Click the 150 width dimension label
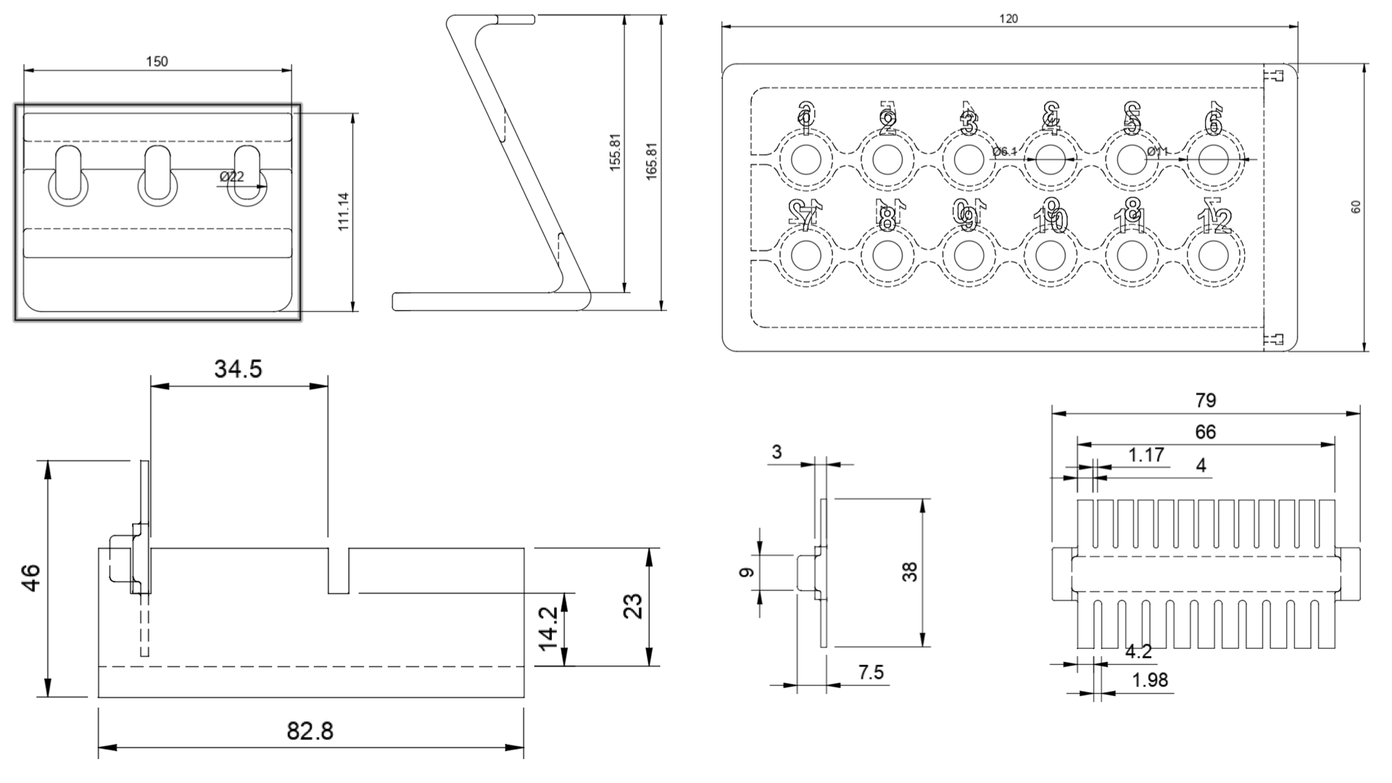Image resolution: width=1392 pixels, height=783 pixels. click(157, 62)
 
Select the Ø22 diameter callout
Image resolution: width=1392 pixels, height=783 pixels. click(232, 176)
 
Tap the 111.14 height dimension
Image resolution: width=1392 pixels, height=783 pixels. click(344, 212)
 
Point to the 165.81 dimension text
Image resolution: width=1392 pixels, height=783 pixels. click(650, 161)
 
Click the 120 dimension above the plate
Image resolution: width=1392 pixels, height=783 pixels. click(1008, 19)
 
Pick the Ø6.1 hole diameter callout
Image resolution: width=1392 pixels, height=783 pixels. click(1005, 152)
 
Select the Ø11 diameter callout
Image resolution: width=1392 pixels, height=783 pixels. click(1159, 152)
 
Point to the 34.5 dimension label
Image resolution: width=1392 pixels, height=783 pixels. click(238, 370)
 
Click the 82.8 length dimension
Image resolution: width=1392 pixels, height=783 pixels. click(310, 731)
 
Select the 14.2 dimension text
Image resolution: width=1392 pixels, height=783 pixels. click(548, 628)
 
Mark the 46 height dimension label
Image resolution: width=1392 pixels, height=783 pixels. click(32, 578)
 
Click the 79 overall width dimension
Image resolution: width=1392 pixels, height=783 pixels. click(1205, 400)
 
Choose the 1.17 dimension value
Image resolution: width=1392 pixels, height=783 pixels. click(1146, 455)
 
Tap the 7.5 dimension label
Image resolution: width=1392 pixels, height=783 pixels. click(871, 673)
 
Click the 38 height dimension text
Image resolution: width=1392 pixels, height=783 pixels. click(911, 572)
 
